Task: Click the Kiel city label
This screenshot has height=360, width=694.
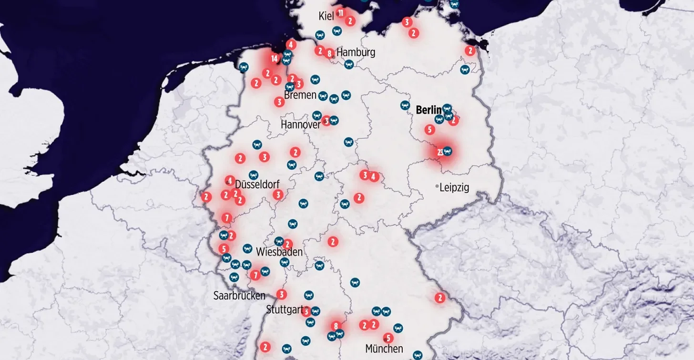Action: (x=326, y=17)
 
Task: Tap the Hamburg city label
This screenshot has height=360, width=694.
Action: (x=356, y=52)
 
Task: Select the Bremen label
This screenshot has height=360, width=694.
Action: (x=300, y=95)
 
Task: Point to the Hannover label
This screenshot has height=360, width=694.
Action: (x=300, y=124)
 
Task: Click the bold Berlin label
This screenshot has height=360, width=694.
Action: (x=429, y=110)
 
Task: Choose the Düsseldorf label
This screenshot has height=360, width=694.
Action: (x=257, y=185)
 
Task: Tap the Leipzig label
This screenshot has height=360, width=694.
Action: (x=454, y=187)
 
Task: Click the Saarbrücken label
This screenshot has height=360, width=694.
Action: (x=239, y=296)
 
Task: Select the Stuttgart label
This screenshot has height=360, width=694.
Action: (x=284, y=309)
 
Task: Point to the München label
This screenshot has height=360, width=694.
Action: (x=384, y=349)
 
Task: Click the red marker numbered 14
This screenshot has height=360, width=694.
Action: (x=274, y=59)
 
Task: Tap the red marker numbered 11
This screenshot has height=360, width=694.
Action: (x=340, y=12)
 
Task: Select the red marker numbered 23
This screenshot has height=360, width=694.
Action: (x=440, y=152)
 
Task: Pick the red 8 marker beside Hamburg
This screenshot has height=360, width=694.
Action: (x=329, y=53)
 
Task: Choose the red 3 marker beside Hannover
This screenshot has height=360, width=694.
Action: (x=326, y=121)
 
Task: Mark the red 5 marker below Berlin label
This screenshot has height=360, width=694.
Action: (x=429, y=129)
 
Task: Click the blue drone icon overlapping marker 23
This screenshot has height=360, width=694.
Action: (x=447, y=151)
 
